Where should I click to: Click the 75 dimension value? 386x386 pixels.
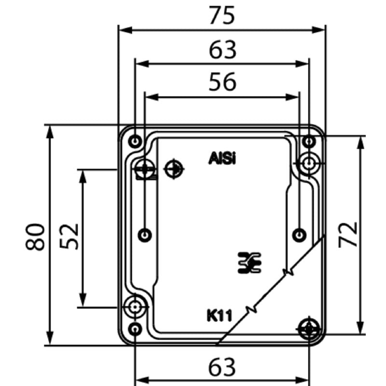coord(222,15)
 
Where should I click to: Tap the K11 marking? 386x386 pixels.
coord(220,317)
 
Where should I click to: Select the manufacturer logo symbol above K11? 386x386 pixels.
coord(249,262)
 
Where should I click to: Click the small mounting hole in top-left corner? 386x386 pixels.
coord(136,141)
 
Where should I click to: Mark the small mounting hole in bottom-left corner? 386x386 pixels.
coord(136,330)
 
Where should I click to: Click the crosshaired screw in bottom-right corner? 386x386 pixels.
coord(308,329)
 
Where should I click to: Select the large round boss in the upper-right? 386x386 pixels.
coord(308,164)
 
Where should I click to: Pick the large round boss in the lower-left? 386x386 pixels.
coord(135,306)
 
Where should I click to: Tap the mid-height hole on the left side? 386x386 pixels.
coord(145,235)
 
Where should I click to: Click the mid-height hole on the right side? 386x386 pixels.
coord(300,235)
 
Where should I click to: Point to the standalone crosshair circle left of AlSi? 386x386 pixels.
coord(173,169)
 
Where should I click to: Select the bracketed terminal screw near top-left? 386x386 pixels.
coord(144,169)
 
